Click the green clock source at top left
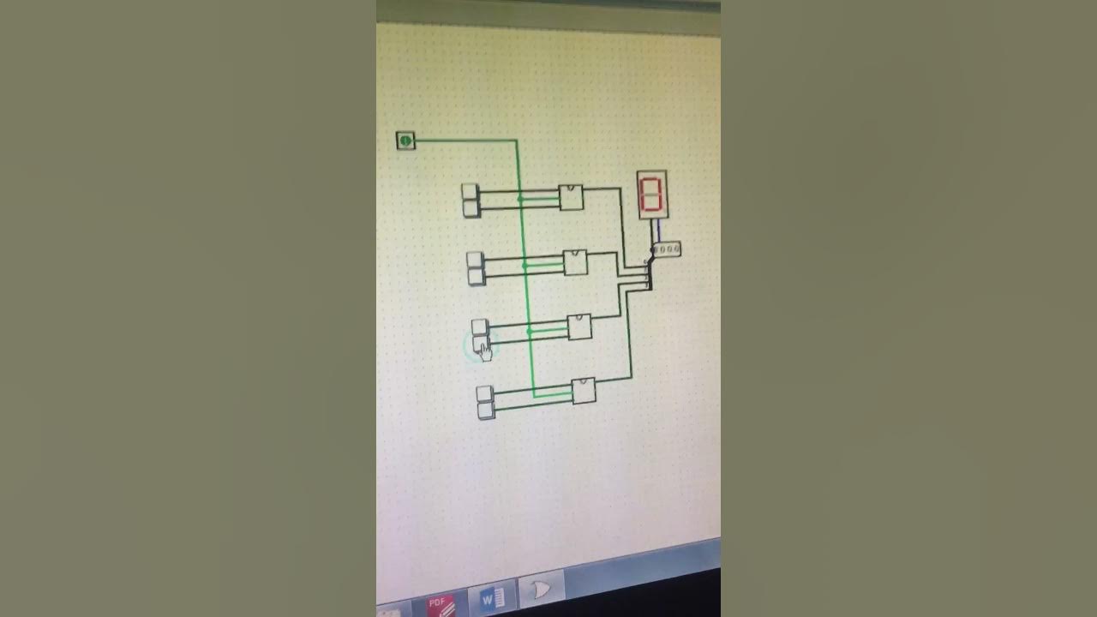pos(405,141)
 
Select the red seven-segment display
pos(652,195)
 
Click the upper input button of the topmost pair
pos(470,192)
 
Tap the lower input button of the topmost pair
pos(471,208)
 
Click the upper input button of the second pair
pos(476,259)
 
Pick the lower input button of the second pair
pos(477,276)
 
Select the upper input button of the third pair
pos(480,326)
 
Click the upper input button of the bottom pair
pos(485,394)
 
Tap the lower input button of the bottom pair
pos(486,410)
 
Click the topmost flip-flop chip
pos(572,197)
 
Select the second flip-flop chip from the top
pos(575,262)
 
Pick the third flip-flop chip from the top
pos(579,326)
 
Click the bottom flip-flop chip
pos(584,391)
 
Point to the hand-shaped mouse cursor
pos(485,350)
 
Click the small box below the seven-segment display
pos(667,249)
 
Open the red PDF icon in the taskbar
pos(441,605)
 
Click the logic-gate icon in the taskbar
pos(541,590)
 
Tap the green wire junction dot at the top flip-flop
pos(520,199)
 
